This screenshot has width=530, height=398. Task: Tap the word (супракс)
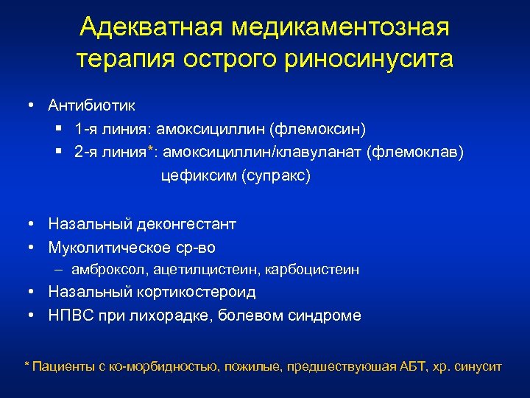coord(276,177)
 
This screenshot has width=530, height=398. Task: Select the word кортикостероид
coord(195,292)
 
